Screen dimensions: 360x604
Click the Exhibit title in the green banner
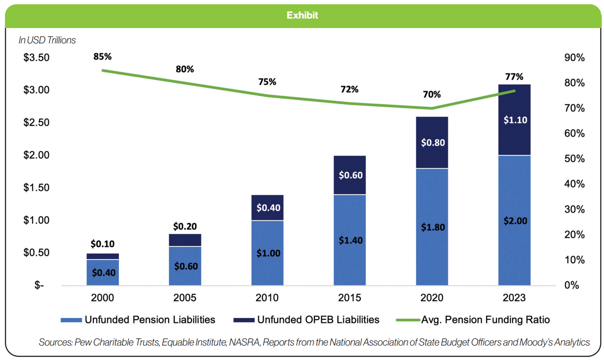coord(302,15)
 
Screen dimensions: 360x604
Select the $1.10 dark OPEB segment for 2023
coord(514,120)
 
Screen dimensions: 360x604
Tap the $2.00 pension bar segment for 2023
coord(514,221)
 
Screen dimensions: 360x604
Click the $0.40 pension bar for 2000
coord(103,272)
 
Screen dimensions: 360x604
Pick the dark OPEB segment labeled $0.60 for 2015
coord(350,175)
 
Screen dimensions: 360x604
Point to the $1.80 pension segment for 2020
coord(432,227)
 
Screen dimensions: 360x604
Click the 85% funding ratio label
coord(102,57)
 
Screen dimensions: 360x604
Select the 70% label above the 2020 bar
coord(432,95)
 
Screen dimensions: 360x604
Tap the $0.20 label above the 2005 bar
coord(185,227)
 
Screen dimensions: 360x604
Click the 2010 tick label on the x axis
coord(267,298)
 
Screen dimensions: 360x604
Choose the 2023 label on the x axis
coord(514,298)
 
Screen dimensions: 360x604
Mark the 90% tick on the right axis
coord(575,58)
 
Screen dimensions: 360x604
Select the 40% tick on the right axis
coord(575,184)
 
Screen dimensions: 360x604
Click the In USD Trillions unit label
coord(47,40)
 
